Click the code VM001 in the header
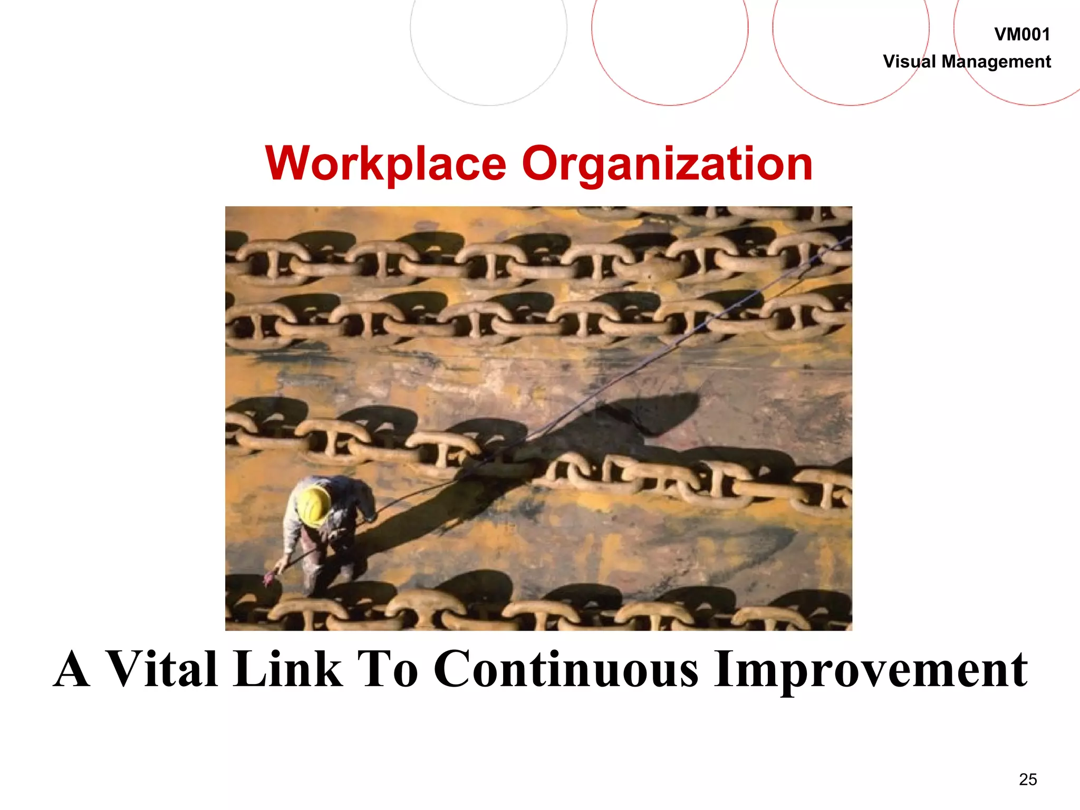point(1021,35)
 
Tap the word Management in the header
point(996,62)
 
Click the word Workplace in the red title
point(385,164)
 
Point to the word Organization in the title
point(667,164)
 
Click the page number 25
point(1028,779)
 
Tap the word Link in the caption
point(288,669)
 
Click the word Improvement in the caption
point(870,669)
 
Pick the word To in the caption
point(388,669)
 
